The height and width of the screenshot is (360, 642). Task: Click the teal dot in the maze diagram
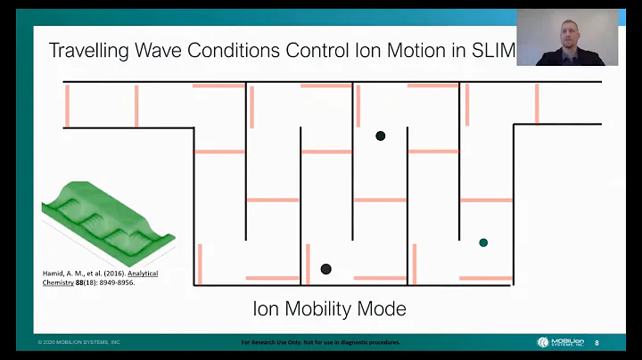point(483,242)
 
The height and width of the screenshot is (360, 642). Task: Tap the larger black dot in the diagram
point(326,269)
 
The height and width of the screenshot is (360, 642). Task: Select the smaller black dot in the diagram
point(381,136)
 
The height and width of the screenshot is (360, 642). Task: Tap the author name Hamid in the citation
point(55,274)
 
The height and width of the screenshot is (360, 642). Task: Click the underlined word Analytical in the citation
point(143,274)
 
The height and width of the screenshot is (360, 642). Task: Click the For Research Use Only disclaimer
point(321,342)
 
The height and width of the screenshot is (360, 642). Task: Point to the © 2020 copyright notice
point(78,342)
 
